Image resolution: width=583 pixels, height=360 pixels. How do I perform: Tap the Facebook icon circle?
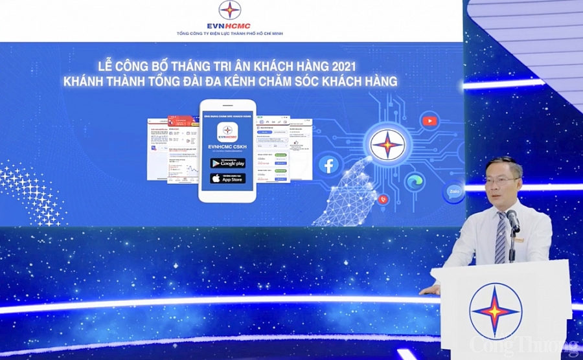pos(329,166)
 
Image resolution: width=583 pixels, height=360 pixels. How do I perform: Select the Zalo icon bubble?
pos(453,192)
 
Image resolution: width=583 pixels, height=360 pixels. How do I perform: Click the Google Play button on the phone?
pos(227,163)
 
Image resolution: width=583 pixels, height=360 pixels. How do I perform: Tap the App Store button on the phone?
pos(227,178)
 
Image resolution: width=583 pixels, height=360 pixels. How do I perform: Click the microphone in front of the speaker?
pos(513,220)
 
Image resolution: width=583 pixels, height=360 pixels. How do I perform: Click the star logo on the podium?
pos(495,311)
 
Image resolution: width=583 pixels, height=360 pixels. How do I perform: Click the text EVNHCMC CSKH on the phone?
pos(227,148)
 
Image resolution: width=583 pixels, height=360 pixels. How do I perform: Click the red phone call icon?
pos(384,199)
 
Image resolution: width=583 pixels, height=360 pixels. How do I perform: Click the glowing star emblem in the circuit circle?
pos(387,144)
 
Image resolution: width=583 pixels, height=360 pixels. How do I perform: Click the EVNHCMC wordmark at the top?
pos(229,26)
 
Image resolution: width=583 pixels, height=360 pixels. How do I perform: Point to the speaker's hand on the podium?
pos(429,289)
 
